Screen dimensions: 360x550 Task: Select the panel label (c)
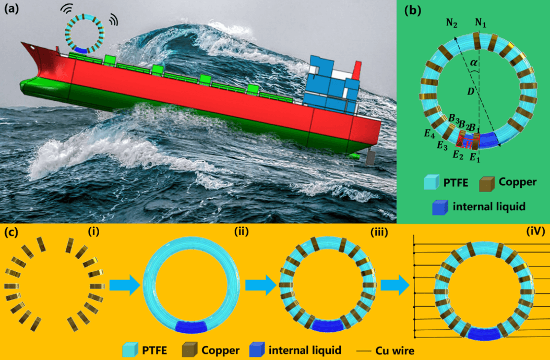click(11, 233)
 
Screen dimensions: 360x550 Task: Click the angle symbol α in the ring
click(473, 63)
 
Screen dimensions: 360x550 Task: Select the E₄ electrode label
click(429, 135)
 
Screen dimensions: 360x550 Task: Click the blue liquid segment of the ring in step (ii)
click(192, 327)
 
